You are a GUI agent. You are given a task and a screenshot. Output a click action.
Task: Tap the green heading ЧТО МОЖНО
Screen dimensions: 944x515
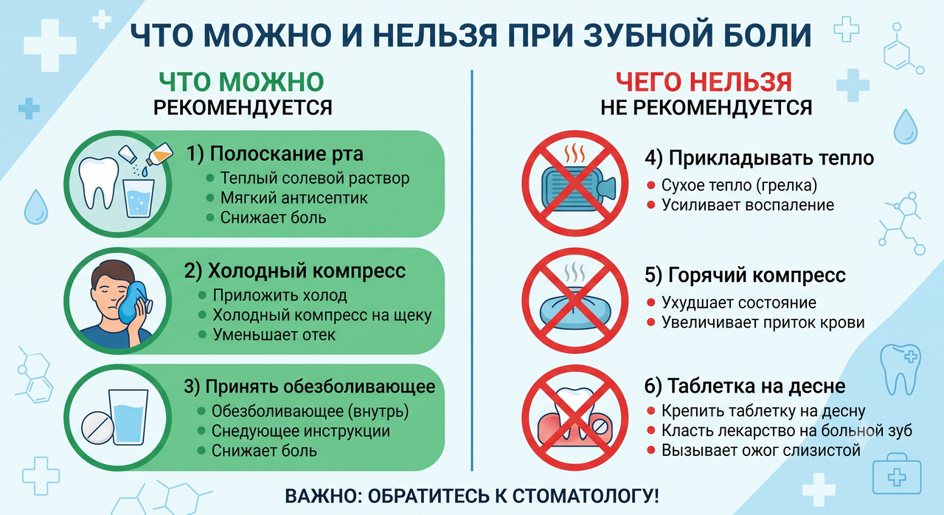point(241,82)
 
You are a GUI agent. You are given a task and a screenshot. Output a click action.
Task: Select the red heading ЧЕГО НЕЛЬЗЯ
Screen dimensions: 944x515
point(704,82)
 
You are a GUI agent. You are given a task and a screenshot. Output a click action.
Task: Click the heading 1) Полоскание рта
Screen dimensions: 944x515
point(275,153)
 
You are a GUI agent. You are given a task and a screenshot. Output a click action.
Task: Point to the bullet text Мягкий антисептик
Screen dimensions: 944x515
point(294,198)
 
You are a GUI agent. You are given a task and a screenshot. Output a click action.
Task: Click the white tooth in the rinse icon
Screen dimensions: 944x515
point(100,183)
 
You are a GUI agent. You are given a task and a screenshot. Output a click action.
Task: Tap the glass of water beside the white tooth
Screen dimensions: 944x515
point(138,198)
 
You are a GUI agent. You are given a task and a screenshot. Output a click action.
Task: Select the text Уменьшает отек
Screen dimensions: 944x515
point(274,335)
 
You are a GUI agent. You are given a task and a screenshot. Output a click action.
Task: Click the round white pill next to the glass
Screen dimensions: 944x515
point(97,428)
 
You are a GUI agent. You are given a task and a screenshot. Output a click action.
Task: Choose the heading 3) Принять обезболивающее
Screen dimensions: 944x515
point(309,387)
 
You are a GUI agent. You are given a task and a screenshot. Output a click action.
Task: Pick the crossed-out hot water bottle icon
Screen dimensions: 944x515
point(575,183)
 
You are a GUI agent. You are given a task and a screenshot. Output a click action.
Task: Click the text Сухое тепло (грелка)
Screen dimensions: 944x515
point(739,185)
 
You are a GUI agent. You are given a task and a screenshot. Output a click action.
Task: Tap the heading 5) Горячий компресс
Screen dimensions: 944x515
point(745,275)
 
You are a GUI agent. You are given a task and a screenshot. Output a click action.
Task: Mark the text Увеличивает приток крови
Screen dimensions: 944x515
point(763,322)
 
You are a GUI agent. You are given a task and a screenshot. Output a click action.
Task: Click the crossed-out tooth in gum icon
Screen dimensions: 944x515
point(575,418)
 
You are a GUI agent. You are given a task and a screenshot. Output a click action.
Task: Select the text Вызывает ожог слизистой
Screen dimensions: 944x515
point(760,450)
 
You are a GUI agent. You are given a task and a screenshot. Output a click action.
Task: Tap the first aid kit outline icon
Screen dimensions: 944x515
point(896,474)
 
